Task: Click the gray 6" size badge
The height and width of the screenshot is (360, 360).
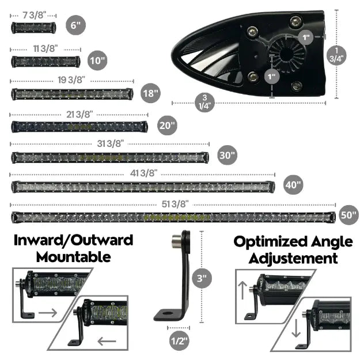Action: pyautogui.click(x=76, y=25)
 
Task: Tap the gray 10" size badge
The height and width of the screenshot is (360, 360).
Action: pyautogui.click(x=97, y=60)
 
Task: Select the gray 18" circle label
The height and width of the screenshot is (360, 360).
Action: pyautogui.click(x=150, y=93)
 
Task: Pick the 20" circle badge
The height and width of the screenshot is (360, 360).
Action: pyautogui.click(x=167, y=126)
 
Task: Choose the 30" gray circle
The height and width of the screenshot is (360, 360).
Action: pyautogui.click(x=228, y=155)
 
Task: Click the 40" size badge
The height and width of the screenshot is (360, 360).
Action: pyautogui.click(x=293, y=185)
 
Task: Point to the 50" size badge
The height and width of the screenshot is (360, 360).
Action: pyautogui.click(x=349, y=215)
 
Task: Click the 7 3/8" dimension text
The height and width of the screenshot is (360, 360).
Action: pyautogui.click(x=34, y=16)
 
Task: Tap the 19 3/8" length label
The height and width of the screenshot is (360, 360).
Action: pyautogui.click(x=71, y=80)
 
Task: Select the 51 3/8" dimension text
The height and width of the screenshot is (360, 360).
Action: pyautogui.click(x=175, y=204)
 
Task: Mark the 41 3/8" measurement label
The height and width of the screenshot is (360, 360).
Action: pyautogui.click(x=144, y=173)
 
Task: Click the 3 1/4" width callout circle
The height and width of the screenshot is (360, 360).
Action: pyautogui.click(x=205, y=102)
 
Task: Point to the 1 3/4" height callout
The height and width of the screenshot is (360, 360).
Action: pyautogui.click(x=336, y=55)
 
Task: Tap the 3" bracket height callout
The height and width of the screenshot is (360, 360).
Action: pyautogui.click(x=202, y=278)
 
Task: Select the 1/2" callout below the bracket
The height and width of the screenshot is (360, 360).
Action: pyautogui.click(x=180, y=341)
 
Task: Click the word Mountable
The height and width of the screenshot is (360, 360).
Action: pyautogui.click(x=74, y=257)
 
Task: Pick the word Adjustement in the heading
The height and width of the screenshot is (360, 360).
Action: pyautogui.click(x=293, y=259)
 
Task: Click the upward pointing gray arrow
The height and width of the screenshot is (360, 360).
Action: pyautogui.click(x=242, y=290)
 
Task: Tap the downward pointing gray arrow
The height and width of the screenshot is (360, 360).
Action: pyautogui.click(x=296, y=328)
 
